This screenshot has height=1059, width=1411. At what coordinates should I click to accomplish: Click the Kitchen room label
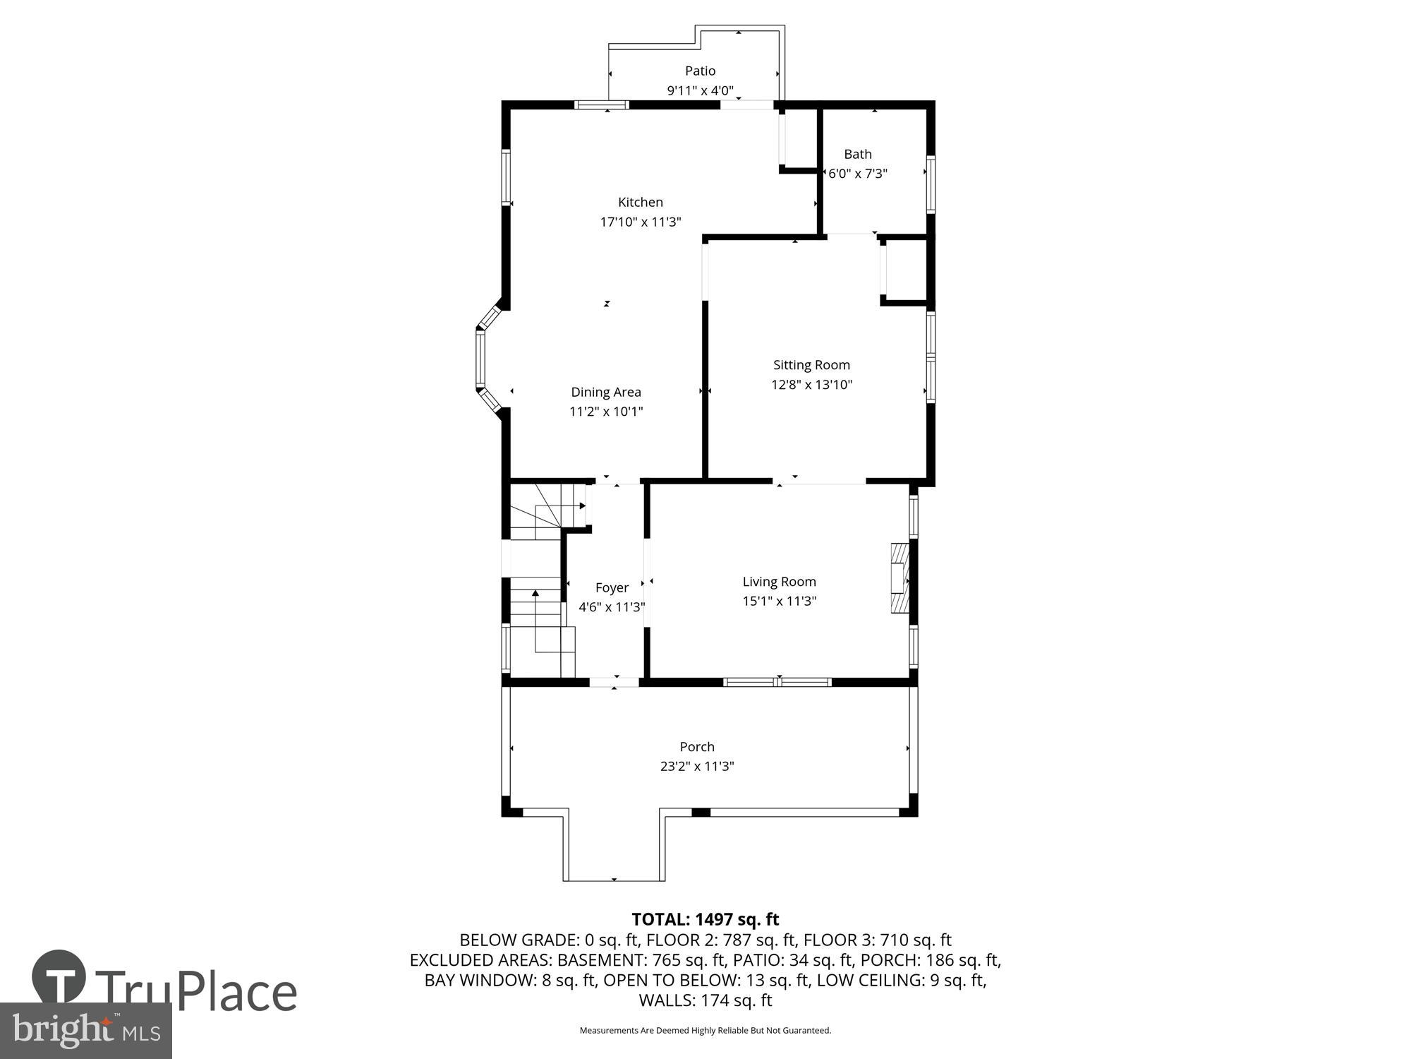(x=641, y=203)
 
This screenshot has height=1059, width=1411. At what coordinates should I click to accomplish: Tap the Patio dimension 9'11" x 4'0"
(x=700, y=91)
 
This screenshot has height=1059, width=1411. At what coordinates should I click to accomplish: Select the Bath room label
(x=858, y=154)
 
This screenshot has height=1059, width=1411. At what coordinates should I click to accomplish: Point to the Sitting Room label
(x=811, y=365)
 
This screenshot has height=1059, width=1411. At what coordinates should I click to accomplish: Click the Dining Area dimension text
(x=606, y=412)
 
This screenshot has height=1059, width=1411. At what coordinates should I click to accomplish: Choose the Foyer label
(x=612, y=587)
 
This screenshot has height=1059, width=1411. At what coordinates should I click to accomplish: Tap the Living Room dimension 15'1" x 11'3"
(x=779, y=602)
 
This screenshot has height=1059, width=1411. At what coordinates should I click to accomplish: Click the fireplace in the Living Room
(x=900, y=578)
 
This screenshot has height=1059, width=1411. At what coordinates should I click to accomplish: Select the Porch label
(x=697, y=747)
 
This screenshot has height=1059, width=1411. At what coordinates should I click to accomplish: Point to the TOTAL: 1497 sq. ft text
(x=705, y=919)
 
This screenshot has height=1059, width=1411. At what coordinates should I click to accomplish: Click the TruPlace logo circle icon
(x=59, y=976)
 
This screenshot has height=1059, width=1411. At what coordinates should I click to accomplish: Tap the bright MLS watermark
(x=86, y=1031)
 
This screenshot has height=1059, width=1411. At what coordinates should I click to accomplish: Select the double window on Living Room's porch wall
(x=777, y=682)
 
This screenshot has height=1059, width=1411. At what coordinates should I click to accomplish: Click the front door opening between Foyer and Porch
(x=614, y=682)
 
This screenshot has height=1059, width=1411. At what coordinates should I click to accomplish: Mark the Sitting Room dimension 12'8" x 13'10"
(x=811, y=385)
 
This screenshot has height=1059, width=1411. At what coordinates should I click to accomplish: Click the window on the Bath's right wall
(x=931, y=184)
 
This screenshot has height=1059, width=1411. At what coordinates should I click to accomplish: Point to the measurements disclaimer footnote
(x=705, y=1031)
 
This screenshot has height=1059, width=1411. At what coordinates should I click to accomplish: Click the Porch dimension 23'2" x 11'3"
(x=697, y=767)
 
